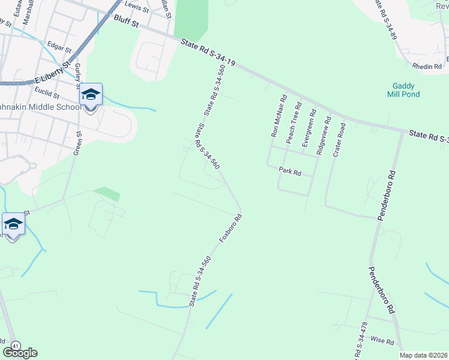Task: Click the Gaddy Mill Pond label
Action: tap(406, 90)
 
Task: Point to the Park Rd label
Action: tap(289, 171)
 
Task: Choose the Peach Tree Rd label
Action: tap(294, 121)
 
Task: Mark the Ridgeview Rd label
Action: tap(324, 136)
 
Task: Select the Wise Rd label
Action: tap(382, 341)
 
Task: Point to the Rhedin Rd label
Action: tap(427, 66)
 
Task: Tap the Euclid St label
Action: tap(47, 95)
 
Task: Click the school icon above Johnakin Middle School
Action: tap(91, 95)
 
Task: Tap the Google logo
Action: tap(20, 353)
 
